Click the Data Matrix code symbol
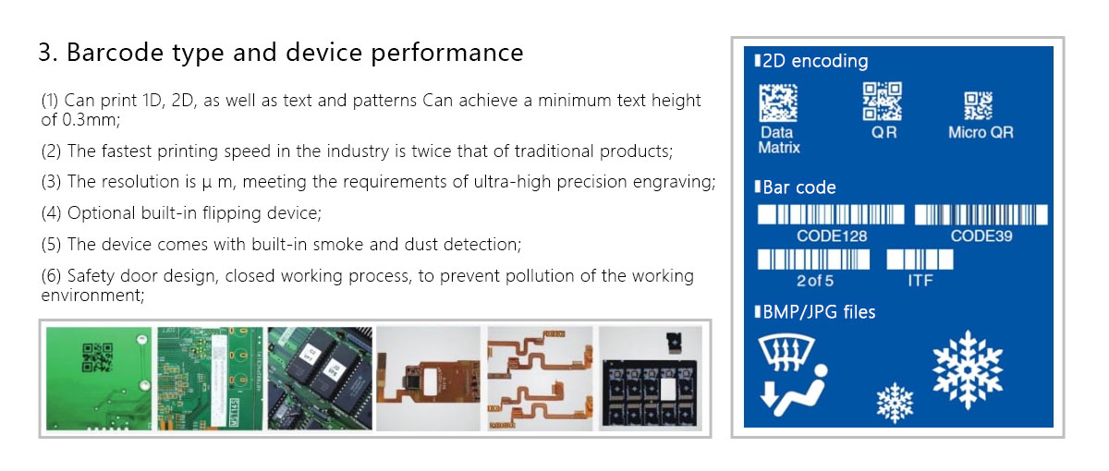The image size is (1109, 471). click(778, 103)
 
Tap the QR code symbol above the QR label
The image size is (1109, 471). click(883, 102)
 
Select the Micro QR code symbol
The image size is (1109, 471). click(979, 106)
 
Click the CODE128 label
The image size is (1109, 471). click(832, 236)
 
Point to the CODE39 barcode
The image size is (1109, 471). click(981, 214)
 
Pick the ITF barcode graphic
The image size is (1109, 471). click(920, 260)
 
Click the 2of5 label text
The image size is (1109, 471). click(815, 281)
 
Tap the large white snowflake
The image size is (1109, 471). click(968, 370)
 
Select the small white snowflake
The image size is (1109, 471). click(895, 403)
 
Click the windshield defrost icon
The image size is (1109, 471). click(786, 352)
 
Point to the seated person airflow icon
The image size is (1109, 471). click(794, 391)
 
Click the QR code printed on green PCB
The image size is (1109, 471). click(98, 357)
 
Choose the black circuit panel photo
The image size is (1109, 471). click(651, 379)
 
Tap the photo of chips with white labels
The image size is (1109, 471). click(320, 379)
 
